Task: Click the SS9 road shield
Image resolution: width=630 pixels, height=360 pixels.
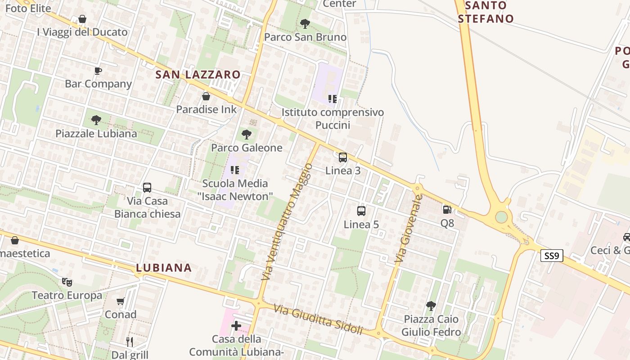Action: click(x=551, y=256)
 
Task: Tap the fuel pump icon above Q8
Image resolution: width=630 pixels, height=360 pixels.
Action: click(x=447, y=209)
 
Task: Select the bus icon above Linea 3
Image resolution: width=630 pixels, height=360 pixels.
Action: click(x=343, y=157)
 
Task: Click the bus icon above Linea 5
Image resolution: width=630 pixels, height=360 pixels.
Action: click(x=361, y=211)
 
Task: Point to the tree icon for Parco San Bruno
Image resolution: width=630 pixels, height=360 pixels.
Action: click(x=305, y=23)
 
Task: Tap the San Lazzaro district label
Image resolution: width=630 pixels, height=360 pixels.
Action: click(x=198, y=75)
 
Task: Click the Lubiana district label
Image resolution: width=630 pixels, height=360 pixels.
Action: click(x=164, y=268)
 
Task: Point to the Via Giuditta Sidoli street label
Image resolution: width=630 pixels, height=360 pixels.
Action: click(x=318, y=319)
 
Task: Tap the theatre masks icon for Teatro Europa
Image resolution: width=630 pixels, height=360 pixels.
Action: click(x=67, y=282)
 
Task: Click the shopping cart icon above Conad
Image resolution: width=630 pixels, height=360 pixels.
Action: click(x=120, y=301)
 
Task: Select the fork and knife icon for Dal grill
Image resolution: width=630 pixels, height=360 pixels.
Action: click(x=130, y=342)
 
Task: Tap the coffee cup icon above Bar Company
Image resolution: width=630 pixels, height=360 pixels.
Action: click(x=98, y=71)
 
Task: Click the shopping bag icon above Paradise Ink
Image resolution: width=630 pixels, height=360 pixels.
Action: click(x=206, y=96)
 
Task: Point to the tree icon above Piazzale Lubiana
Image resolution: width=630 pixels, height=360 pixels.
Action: click(x=96, y=120)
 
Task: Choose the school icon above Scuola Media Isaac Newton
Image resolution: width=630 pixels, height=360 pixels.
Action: click(x=234, y=170)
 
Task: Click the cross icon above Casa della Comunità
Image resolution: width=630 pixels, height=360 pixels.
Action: click(x=236, y=325)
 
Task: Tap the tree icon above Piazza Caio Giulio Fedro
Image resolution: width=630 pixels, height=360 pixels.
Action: click(x=431, y=306)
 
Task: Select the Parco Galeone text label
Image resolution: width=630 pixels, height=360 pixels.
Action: click(x=247, y=148)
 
